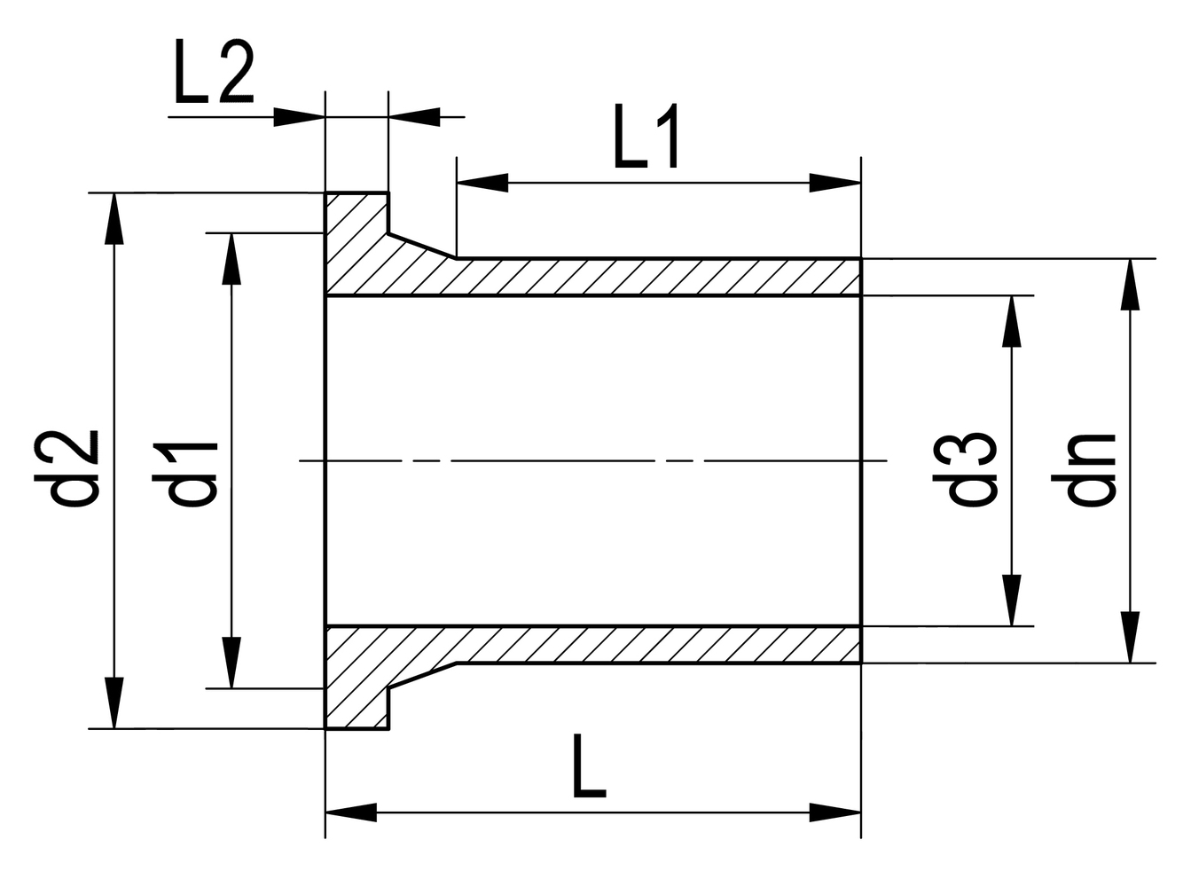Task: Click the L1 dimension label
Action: coord(646,137)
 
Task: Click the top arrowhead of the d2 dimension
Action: coord(114,218)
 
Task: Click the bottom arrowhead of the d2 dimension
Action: coord(114,703)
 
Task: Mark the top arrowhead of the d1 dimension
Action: coord(231,259)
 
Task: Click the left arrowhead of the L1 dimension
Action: coord(482,183)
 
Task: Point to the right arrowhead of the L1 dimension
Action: coord(834,183)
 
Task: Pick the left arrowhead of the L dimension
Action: coord(351,812)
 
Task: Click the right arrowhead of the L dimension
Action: coord(834,812)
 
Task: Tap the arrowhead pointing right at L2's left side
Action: coord(300,117)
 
